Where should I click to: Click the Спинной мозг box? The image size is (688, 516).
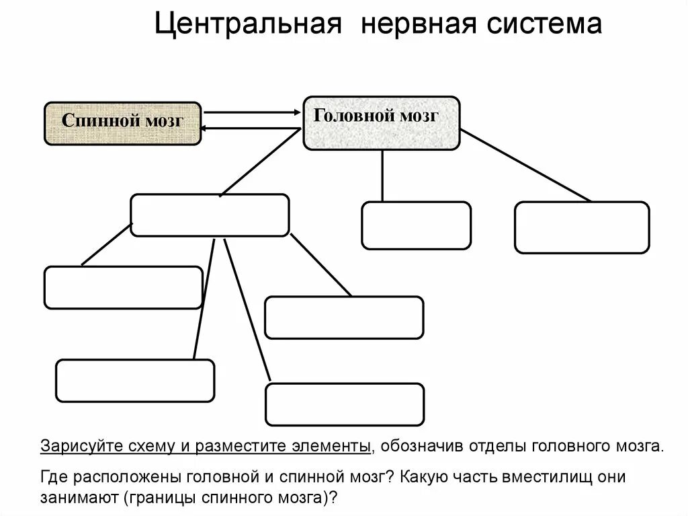click(122, 123)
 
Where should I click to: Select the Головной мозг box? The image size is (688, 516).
click(382, 122)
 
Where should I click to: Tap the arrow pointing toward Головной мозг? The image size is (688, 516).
click(252, 112)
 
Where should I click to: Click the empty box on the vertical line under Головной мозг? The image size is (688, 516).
click(416, 225)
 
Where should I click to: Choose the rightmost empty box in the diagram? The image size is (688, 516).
click(582, 227)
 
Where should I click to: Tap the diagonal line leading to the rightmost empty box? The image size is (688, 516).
click(525, 165)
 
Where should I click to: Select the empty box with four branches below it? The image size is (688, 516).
click(210, 215)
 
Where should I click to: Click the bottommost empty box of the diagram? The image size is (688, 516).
click(345, 404)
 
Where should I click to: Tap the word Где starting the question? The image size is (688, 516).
click(55, 478)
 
